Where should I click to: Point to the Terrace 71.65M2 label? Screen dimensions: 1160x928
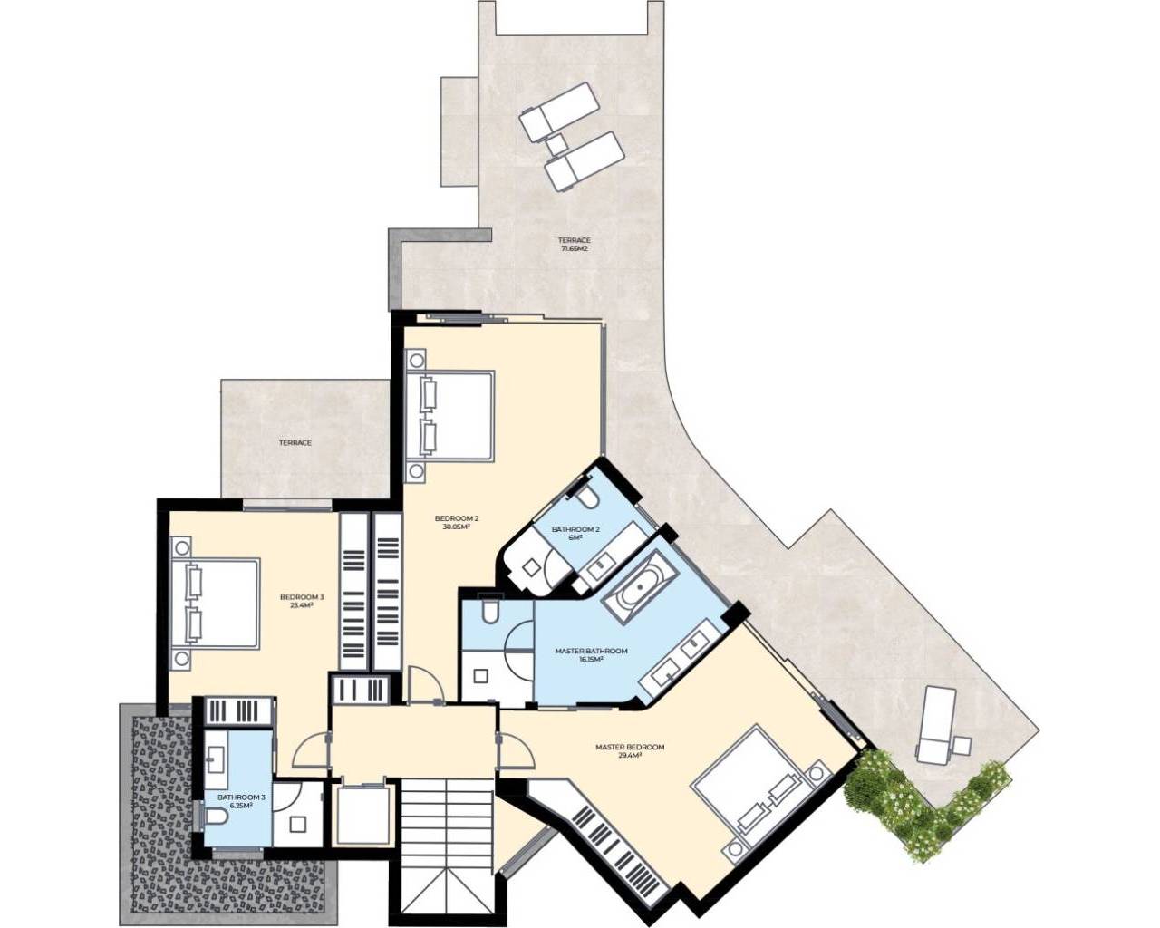pyautogui.click(x=574, y=245)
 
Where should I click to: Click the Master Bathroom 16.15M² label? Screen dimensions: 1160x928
pyautogui.click(x=591, y=655)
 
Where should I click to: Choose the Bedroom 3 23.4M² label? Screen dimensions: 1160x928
pyautogui.click(x=302, y=601)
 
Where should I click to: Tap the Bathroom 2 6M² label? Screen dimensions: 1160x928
pyautogui.click(x=575, y=533)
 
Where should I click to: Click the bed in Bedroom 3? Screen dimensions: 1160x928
pyautogui.click(x=215, y=604)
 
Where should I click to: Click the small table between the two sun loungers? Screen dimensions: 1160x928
pyautogui.click(x=556, y=144)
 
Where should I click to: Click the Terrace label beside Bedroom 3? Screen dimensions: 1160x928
pyautogui.click(x=295, y=442)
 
